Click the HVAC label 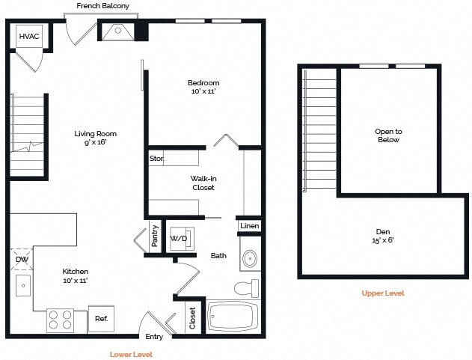(29, 36)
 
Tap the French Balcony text (102, 6)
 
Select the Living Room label (95, 138)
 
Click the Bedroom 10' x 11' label (203, 87)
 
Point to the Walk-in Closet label (203, 183)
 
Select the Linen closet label (250, 225)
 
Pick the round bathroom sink (249, 259)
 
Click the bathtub (233, 317)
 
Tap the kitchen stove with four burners (61, 320)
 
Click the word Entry (154, 337)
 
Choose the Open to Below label (387, 135)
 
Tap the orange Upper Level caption (382, 293)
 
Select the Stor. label (156, 159)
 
